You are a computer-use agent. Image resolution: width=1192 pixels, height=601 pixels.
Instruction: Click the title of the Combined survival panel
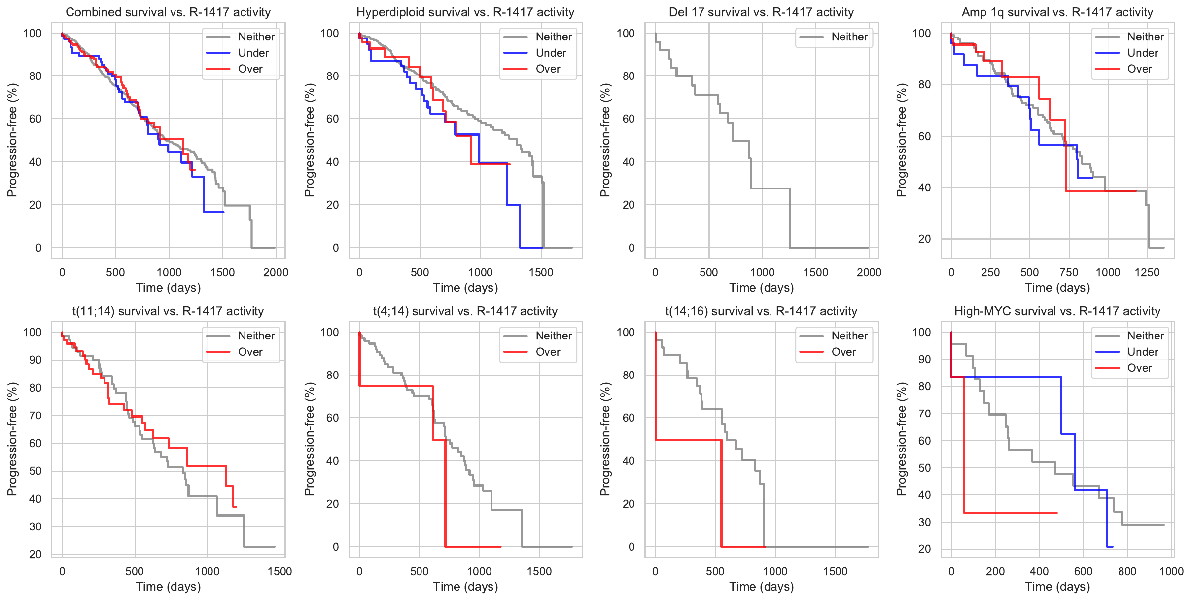(x=168, y=12)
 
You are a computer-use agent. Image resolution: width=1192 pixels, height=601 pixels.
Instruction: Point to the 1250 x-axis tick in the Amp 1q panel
(x=1147, y=272)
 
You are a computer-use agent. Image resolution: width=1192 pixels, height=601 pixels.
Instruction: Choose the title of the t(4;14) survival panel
(x=465, y=311)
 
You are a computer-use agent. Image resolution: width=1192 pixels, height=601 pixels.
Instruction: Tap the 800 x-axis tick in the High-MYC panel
(x=1127, y=571)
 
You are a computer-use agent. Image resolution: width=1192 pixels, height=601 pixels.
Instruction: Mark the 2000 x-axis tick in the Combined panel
(x=276, y=272)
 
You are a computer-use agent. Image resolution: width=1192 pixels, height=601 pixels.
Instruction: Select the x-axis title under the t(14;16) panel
(x=761, y=587)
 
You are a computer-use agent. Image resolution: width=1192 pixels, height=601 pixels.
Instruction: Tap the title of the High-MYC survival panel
(x=1057, y=311)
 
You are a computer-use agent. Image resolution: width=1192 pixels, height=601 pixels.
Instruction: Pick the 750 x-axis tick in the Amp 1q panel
(x=1069, y=272)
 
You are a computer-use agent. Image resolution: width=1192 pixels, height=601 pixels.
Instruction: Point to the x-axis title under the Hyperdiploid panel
(x=465, y=288)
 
